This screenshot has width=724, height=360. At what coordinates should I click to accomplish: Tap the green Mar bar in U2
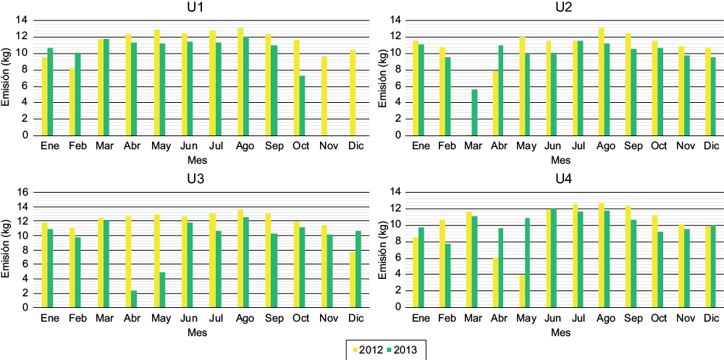(x=474, y=112)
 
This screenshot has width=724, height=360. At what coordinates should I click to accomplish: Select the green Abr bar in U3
(x=135, y=298)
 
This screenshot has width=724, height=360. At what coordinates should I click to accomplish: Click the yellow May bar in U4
(x=521, y=290)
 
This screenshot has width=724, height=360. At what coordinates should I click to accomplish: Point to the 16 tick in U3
(x=22, y=193)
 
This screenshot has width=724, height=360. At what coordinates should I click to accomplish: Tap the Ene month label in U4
(x=420, y=319)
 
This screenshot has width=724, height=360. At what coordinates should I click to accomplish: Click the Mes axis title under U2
(x=560, y=160)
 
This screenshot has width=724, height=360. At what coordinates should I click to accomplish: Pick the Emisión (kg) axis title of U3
(x=7, y=249)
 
